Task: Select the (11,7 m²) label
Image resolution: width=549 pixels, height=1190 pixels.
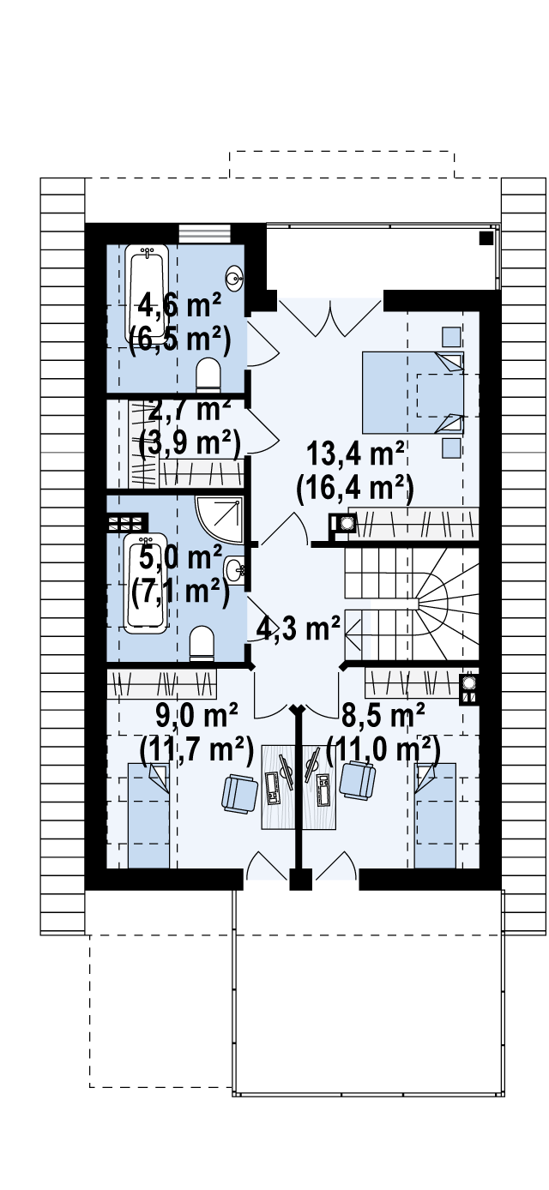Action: coord(196,750)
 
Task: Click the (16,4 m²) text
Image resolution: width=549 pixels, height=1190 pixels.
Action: coord(355,488)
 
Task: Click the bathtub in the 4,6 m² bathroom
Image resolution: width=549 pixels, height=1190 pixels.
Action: coord(148,295)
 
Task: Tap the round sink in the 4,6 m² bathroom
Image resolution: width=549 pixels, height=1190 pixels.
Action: coord(234,278)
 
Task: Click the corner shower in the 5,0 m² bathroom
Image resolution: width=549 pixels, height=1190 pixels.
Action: coord(219,520)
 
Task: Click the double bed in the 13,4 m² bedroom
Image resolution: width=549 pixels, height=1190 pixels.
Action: coord(413,392)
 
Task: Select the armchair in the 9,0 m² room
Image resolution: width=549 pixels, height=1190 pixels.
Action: coord(239,793)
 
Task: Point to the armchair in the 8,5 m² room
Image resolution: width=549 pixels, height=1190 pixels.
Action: coord(357,779)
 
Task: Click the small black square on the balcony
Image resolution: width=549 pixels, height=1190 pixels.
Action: coord(486,238)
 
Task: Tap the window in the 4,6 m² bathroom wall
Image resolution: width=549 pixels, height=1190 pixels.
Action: coord(205,233)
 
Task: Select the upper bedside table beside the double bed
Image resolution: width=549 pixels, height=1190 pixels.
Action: coord(452,337)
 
